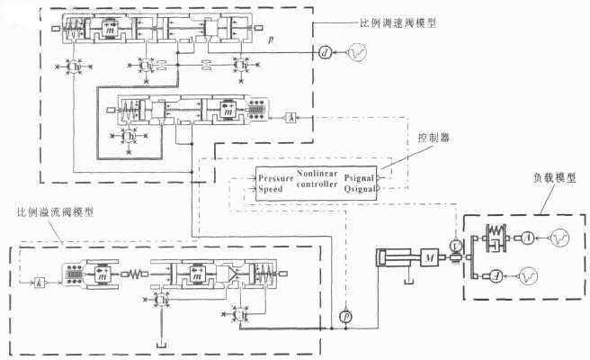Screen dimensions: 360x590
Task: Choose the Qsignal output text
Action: [359, 190]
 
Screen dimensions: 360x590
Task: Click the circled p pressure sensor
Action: [345, 319]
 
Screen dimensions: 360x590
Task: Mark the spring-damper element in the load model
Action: [496, 238]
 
